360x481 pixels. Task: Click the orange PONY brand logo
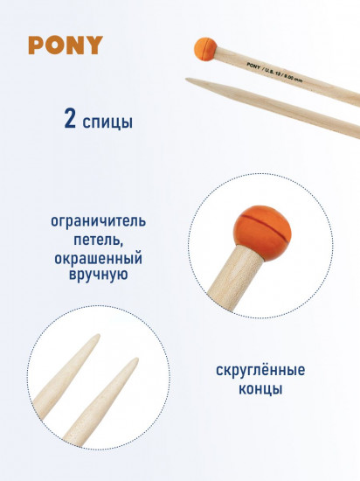(66, 45)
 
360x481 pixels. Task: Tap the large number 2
(70, 118)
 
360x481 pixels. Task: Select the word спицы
(107, 122)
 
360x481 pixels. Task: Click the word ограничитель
(98, 221)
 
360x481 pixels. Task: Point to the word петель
(98, 240)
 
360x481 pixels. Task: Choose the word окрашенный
(99, 258)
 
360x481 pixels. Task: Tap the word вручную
(98, 274)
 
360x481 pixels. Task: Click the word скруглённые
(260, 370)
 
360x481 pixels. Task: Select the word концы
(260, 389)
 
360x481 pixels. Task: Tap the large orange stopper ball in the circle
(262, 234)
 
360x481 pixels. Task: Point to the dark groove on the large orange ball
(265, 226)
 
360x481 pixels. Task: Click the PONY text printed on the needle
(253, 66)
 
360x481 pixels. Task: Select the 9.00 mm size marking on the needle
(294, 78)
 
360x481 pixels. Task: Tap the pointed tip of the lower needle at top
(186, 79)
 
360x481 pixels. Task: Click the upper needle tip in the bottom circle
(99, 335)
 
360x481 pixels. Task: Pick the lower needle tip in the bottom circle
(136, 359)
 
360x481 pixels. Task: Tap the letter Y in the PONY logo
(94, 45)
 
